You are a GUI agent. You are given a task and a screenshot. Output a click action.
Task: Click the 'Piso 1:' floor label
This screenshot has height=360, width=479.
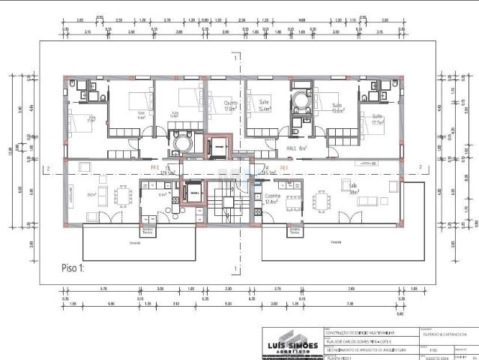coord(74,266)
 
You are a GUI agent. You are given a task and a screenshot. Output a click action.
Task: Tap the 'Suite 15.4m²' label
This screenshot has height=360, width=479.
coord(265,106)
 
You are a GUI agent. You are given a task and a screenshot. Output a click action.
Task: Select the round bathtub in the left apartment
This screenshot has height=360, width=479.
coord(182,142)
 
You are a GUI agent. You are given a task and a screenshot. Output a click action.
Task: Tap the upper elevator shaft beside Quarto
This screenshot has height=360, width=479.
coord(217,147)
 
